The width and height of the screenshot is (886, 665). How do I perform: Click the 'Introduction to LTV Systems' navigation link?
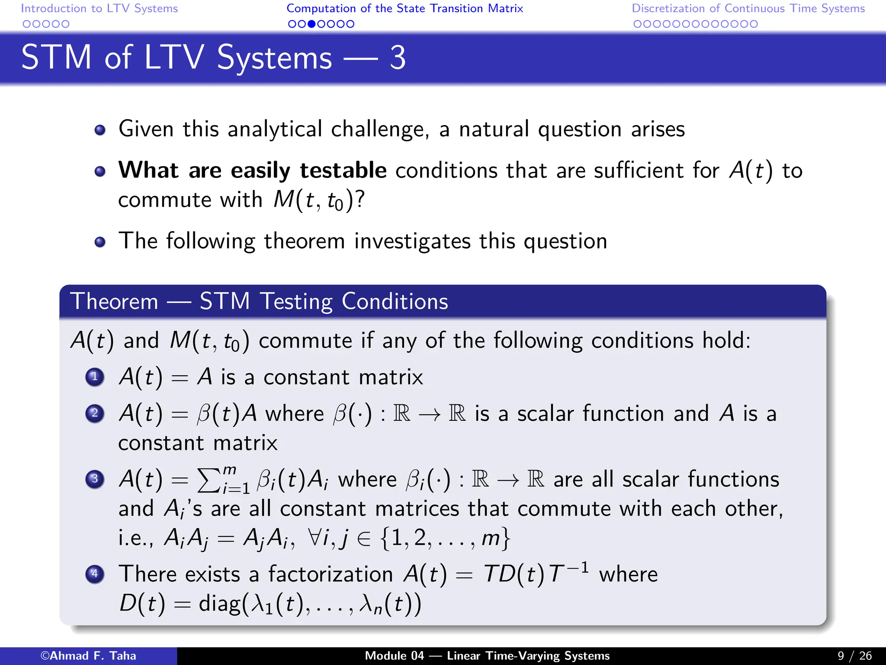tap(99, 8)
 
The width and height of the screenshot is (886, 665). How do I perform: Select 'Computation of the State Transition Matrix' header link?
tap(404, 8)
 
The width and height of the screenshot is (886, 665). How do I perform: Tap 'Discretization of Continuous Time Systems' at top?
tap(748, 8)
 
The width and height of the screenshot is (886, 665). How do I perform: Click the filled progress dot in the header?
tap(311, 24)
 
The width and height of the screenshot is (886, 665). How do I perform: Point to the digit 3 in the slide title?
tap(398, 58)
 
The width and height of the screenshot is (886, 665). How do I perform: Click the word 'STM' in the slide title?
tap(56, 58)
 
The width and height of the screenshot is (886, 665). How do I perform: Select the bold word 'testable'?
tap(343, 170)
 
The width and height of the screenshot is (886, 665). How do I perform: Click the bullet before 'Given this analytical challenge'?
tap(100, 130)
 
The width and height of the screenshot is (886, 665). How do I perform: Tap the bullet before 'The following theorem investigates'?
tap(100, 242)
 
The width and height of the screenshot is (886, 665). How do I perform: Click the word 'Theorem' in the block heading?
tap(115, 301)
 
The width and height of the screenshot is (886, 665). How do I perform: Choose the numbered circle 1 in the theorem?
tap(95, 377)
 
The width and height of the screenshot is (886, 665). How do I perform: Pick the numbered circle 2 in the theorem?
tap(95, 413)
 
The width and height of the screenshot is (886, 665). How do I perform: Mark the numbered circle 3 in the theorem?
tap(95, 479)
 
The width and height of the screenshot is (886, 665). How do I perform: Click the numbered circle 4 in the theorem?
tap(95, 574)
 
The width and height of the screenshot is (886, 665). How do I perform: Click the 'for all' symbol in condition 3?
tap(315, 538)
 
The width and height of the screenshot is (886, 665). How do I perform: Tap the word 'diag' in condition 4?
tap(219, 604)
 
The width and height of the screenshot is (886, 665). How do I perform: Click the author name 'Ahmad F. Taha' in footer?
tap(93, 656)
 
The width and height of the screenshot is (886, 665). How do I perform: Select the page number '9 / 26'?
tap(854, 656)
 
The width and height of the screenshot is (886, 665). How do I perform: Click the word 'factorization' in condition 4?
tap(331, 575)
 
